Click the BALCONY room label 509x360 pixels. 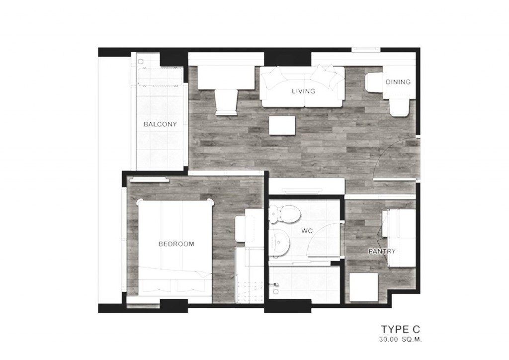tap(160, 124)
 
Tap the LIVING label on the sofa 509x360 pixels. tap(304, 91)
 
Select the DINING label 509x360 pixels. tap(398, 82)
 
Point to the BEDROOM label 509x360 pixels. tap(176, 244)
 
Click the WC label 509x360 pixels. tap(307, 231)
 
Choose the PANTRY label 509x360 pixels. tap(382, 251)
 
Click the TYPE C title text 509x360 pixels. tap(400, 330)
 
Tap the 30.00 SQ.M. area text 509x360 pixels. tap(400, 340)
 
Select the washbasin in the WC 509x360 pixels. tap(280, 243)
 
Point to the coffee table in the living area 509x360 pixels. tap(282, 125)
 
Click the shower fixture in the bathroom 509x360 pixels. tap(276, 285)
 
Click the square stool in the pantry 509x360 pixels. tap(364, 287)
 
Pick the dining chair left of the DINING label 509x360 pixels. tap(374, 82)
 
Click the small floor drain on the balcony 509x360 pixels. tap(141, 62)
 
